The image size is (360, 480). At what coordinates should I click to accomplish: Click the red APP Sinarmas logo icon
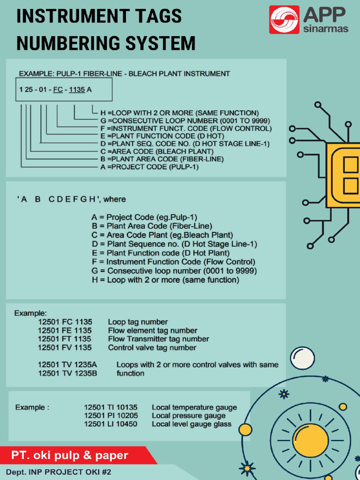[284, 20]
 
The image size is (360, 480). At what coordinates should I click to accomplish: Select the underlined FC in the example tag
[58, 90]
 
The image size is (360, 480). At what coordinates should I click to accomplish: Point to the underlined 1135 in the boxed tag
[77, 90]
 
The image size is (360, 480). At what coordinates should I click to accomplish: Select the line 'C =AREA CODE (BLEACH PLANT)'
[157, 151]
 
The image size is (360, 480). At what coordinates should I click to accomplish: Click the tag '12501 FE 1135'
[65, 330]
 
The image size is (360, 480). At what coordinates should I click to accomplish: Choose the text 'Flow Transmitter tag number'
[158, 339]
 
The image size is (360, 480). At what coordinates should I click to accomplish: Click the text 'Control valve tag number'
[152, 348]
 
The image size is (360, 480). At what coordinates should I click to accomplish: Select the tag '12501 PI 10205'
[111, 416]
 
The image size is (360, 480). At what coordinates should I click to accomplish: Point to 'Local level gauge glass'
[191, 424]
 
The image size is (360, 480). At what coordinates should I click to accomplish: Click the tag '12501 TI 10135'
[111, 407]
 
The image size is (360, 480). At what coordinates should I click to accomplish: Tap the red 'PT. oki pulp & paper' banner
[70, 456]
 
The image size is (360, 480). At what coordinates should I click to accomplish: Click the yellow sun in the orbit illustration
[310, 441]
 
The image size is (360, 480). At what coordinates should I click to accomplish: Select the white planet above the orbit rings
[302, 358]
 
